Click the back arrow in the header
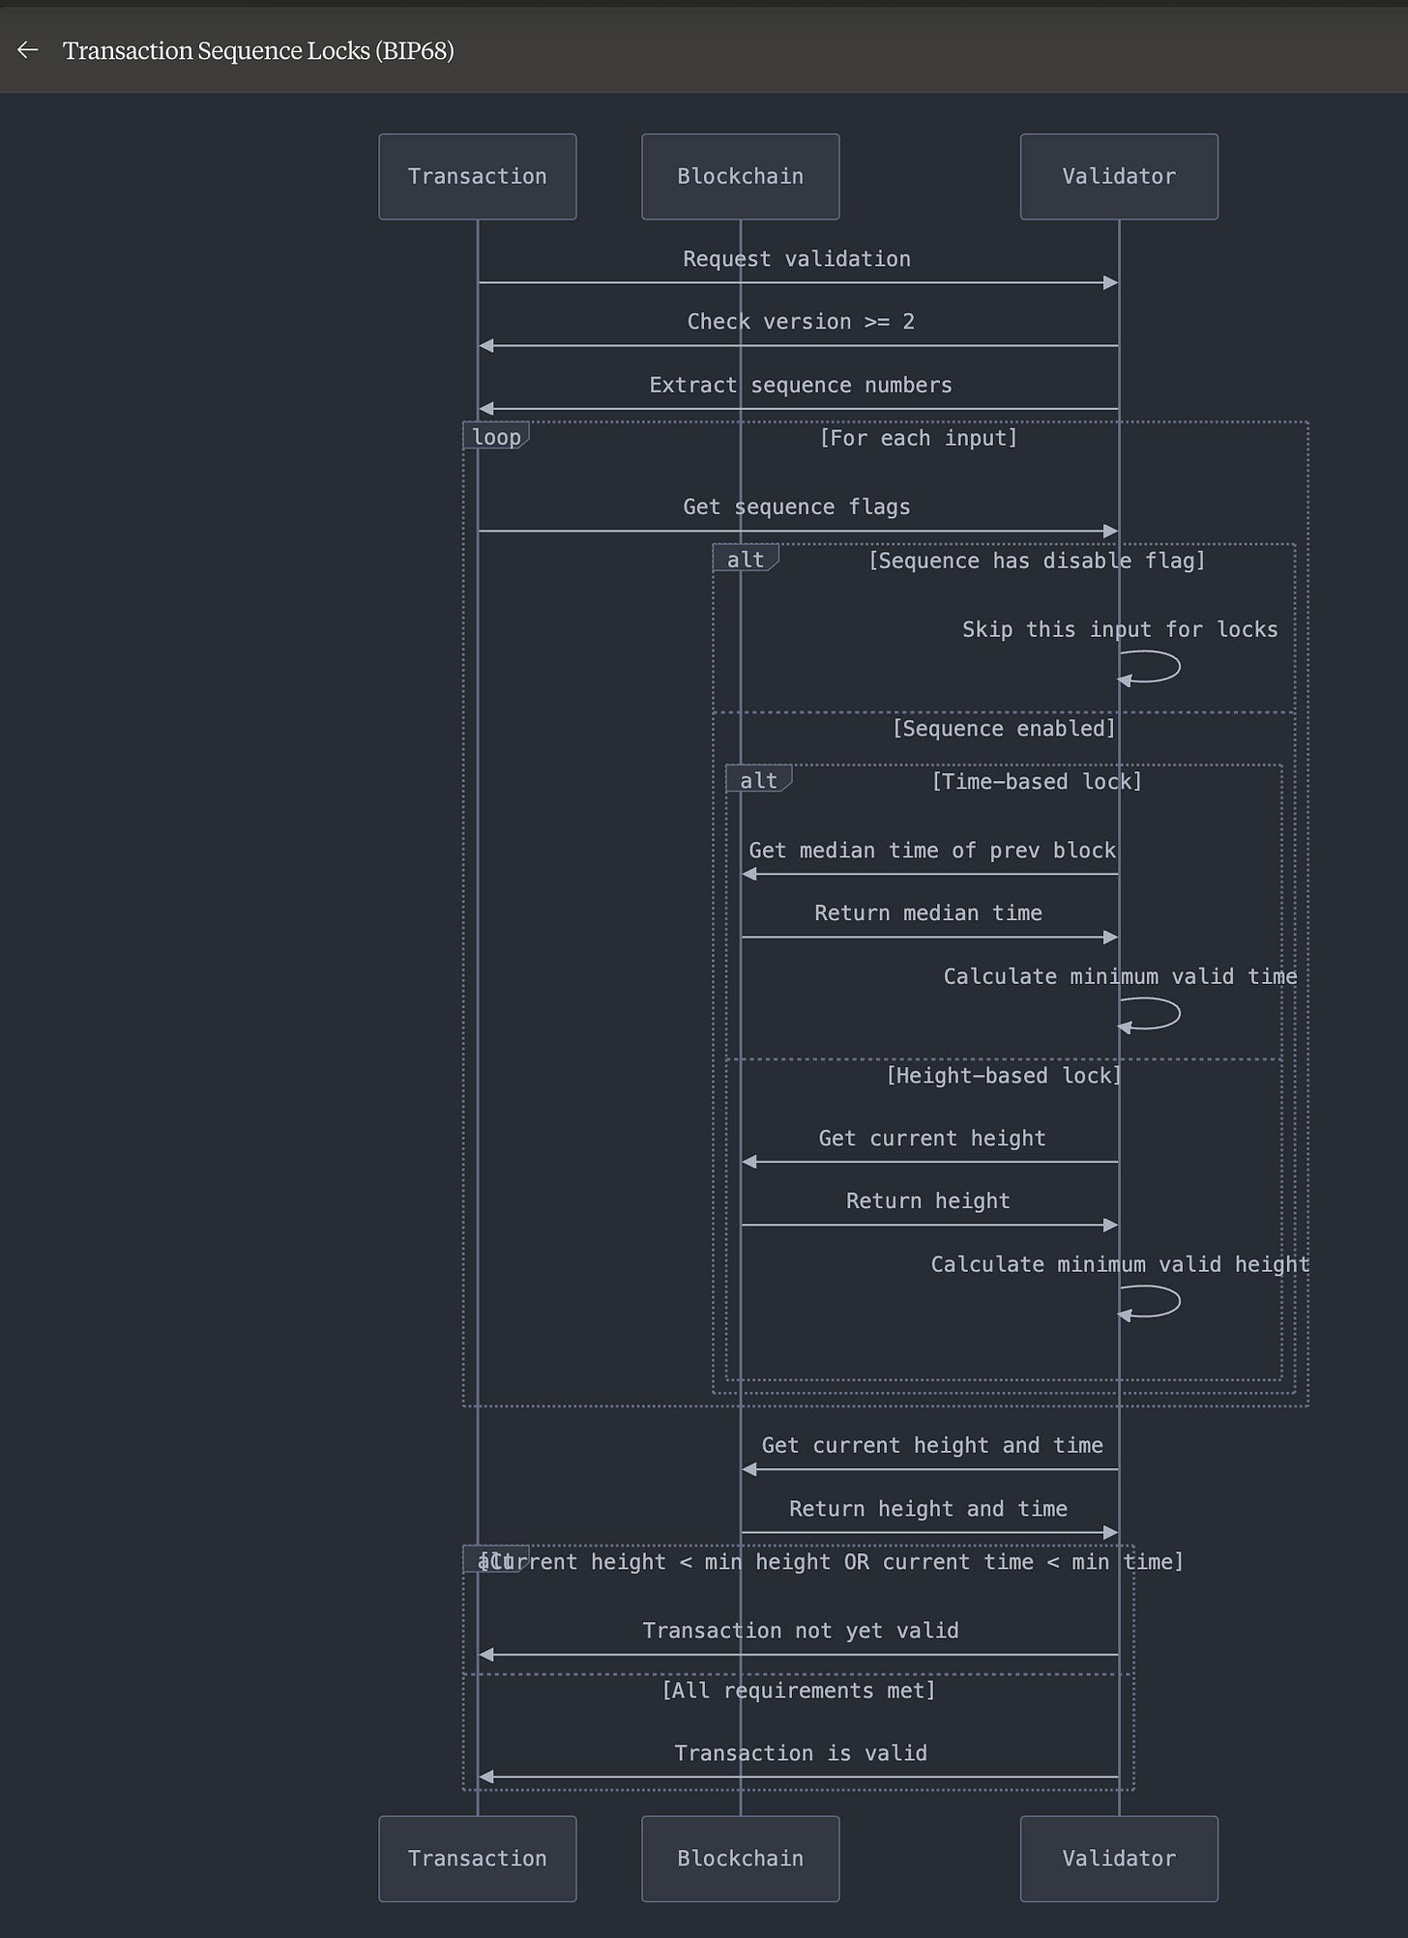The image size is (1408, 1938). point(27,50)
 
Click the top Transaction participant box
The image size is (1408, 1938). point(477,177)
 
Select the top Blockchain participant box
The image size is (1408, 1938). point(740,177)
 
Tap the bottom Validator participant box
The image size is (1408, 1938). point(1118,1859)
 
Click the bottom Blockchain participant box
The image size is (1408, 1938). point(740,1859)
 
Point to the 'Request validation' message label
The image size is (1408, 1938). point(796,259)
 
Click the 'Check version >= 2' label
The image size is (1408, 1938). point(800,322)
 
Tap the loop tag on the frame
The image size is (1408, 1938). point(496,437)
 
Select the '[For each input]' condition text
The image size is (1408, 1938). point(918,438)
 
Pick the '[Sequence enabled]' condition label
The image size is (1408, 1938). point(1003,729)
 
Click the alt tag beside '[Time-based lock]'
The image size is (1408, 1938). point(758,780)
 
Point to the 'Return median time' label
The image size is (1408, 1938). point(927,913)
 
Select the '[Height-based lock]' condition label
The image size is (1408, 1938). point(1003,1076)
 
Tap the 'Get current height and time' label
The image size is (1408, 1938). point(931,1446)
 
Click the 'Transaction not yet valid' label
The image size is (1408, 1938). point(800,1632)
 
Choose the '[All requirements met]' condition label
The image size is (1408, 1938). point(798,1691)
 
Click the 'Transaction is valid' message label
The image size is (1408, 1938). point(800,1753)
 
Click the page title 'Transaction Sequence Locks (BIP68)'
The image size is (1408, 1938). point(258,50)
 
